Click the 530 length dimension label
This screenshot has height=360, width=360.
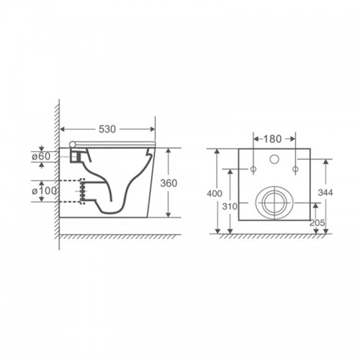coord(107,130)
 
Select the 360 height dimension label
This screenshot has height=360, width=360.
coord(168,183)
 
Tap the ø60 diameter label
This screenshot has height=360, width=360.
coord(41,156)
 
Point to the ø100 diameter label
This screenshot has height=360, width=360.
coord(45,191)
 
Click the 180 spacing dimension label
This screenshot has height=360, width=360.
coord(272,139)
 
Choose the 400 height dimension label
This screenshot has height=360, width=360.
coord(215,193)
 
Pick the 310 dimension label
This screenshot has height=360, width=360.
coord(230,206)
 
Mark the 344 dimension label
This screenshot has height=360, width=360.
coord(325,192)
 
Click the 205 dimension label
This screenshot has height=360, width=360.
coord(317,223)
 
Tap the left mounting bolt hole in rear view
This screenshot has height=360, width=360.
coord(253,169)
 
